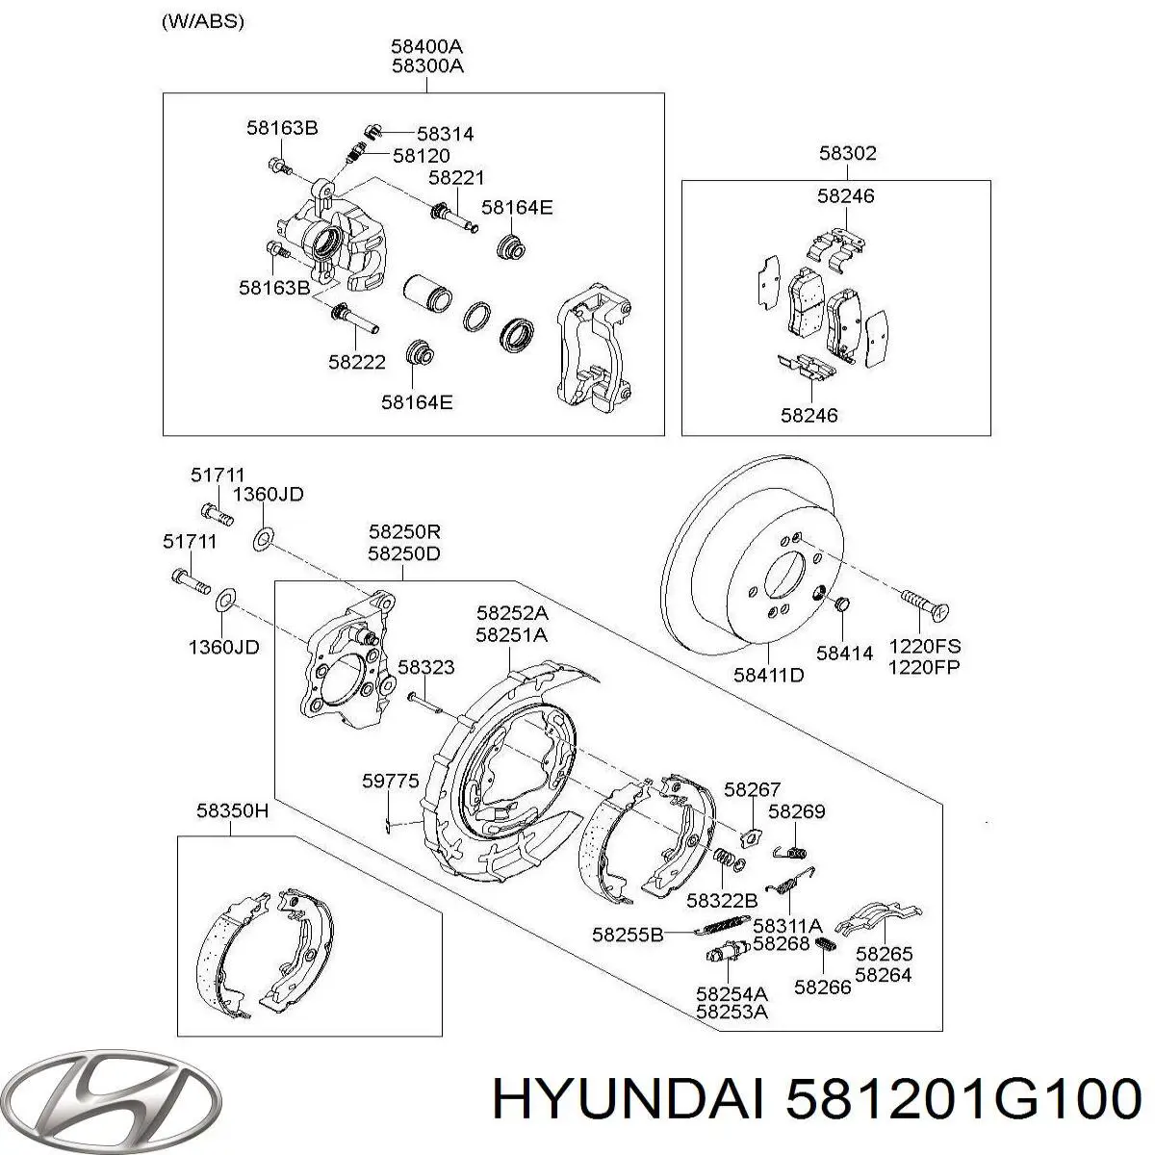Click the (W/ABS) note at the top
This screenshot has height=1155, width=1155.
coord(202,22)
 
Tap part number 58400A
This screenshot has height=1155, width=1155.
coord(426,46)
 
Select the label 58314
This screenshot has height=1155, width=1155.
coord(446,134)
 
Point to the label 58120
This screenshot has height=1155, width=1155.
coord(422,156)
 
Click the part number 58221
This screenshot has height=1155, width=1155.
coord(456,178)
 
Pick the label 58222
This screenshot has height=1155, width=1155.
coord(357,362)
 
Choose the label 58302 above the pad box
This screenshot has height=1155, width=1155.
coord(848,153)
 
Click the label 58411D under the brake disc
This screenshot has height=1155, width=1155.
coord(768,676)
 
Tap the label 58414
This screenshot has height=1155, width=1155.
coord(844,654)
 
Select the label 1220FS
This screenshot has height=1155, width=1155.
coord(924,646)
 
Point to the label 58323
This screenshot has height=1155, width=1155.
coord(426,667)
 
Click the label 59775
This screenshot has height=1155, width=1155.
coord(390,781)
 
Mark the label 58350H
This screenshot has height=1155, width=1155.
coord(232,811)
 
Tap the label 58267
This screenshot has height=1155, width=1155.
coord(753,789)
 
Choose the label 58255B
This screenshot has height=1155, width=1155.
coord(628,935)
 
